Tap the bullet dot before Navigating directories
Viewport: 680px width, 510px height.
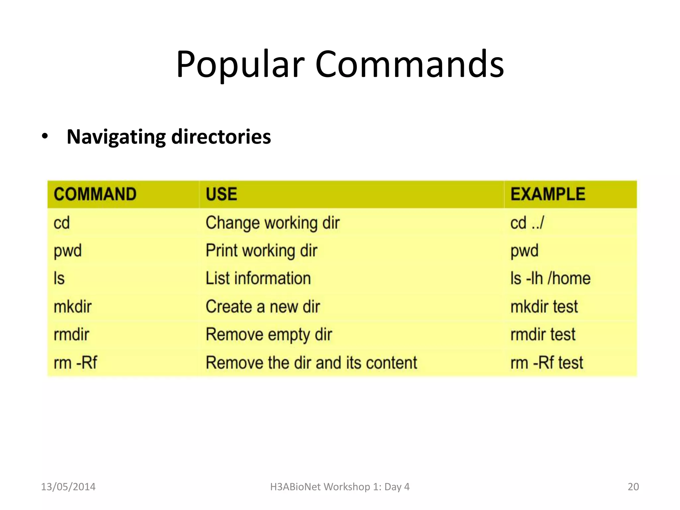coord(45,136)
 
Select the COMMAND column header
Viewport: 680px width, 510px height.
coord(95,194)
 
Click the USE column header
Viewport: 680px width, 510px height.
coord(221,194)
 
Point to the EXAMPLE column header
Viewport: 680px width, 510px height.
coord(548,194)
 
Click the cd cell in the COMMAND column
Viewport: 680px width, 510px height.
coord(62,223)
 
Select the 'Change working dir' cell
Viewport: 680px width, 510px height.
coord(273,223)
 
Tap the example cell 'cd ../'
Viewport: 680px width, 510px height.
coord(527,223)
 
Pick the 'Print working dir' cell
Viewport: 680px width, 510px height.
coord(261,251)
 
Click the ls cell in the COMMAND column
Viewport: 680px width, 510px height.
coord(59,278)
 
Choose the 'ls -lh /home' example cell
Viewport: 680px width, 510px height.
coord(550,278)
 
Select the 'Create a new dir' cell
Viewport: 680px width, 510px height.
coord(263,306)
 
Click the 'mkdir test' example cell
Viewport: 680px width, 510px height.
coord(544,306)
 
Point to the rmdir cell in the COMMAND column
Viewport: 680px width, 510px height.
coord(71,334)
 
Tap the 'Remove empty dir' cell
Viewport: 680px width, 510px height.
coord(269,334)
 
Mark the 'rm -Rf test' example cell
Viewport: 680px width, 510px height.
coord(547,363)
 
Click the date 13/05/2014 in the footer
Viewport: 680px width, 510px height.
coord(68,487)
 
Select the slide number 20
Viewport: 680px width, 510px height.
coord(633,487)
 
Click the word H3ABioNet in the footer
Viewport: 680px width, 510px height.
coord(295,487)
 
